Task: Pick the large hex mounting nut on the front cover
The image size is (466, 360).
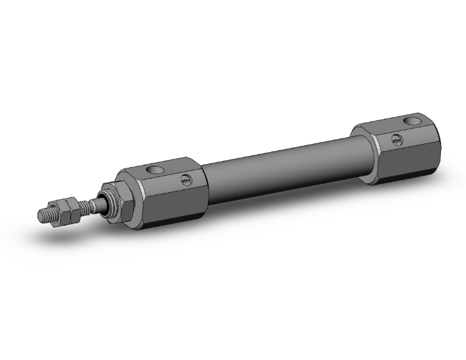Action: (x=122, y=199)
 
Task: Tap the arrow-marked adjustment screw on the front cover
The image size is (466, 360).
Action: (x=185, y=180)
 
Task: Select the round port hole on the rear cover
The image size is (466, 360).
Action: (x=412, y=120)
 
